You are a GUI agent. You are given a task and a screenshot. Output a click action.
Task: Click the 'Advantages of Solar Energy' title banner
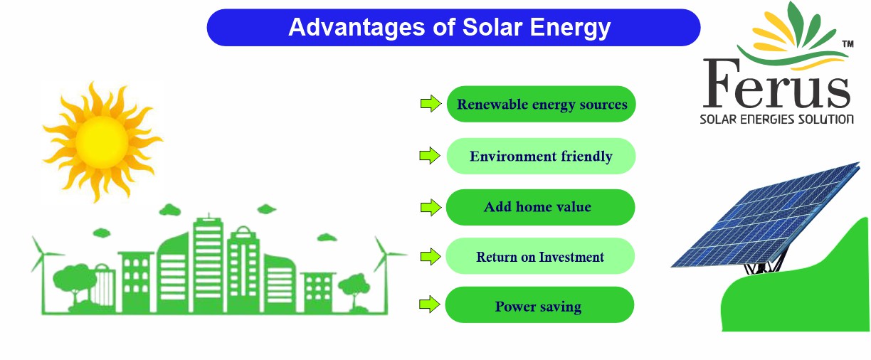click(x=453, y=28)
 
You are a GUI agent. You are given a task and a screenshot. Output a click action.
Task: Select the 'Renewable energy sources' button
click(x=541, y=105)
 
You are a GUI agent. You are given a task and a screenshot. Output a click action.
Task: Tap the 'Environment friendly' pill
click(x=541, y=156)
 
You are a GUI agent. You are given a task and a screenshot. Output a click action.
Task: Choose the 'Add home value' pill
click(x=539, y=207)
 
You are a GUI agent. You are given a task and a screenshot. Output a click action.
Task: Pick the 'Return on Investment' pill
click(x=539, y=257)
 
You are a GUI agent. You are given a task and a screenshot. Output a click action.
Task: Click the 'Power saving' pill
click(x=539, y=307)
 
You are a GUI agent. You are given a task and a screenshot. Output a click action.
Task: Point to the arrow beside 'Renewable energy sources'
click(x=430, y=104)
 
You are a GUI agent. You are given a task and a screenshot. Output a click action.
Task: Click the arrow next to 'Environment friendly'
click(x=430, y=156)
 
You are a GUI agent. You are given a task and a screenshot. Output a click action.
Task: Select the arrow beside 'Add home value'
click(x=430, y=207)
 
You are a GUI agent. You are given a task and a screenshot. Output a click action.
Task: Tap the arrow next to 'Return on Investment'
click(x=430, y=256)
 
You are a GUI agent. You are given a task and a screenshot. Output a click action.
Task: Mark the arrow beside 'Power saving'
click(x=430, y=305)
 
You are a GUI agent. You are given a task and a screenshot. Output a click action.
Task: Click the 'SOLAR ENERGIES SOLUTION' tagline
click(x=776, y=119)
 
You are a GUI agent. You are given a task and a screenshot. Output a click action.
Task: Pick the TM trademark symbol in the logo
click(x=847, y=44)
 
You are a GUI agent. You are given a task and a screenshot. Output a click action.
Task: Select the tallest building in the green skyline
click(x=208, y=263)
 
